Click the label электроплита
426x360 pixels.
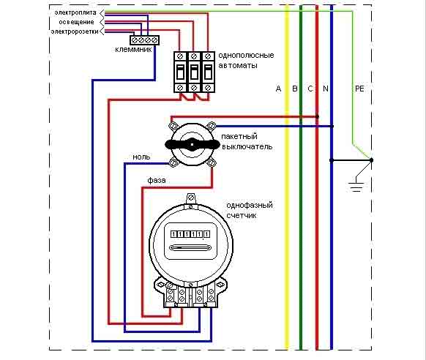75,12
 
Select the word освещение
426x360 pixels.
76,22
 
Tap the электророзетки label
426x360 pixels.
75,31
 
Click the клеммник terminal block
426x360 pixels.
144,40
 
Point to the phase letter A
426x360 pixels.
278,89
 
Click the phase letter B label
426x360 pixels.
295,89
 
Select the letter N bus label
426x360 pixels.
326,89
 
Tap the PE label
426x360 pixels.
359,89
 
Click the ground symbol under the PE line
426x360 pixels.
356,187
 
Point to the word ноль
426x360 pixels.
141,157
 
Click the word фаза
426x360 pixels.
157,180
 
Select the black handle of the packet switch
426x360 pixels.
193,144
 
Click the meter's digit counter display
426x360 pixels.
190,234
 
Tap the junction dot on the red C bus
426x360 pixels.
317,116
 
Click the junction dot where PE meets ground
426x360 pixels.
371,160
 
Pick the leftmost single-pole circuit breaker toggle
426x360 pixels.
180,72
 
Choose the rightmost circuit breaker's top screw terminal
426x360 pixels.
208,56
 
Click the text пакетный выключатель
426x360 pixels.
247,141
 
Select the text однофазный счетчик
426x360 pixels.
250,210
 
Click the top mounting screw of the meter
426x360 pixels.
191,198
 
